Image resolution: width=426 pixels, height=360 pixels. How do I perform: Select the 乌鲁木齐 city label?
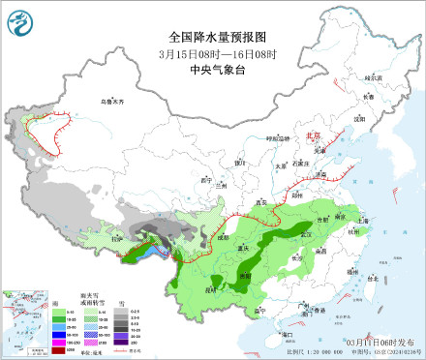[x=113, y=101]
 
